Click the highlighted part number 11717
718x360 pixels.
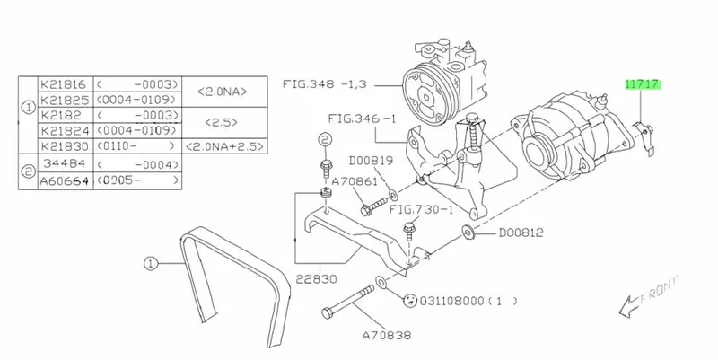click(643, 84)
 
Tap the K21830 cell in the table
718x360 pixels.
click(65, 146)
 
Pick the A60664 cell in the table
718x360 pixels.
click(65, 181)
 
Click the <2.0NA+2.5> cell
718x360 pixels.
click(224, 146)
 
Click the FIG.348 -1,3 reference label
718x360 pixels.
click(324, 84)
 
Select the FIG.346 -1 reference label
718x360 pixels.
click(362, 119)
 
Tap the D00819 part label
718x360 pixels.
click(371, 161)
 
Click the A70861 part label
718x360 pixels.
click(355, 182)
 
